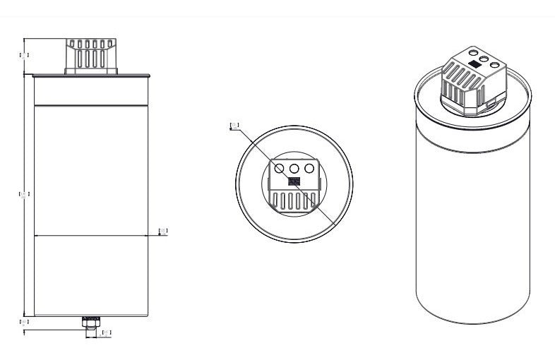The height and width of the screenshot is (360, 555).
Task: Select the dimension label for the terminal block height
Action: coord(23,54)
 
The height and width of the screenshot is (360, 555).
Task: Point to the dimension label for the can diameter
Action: coord(162,231)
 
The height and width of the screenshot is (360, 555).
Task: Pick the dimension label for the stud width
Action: coord(107,332)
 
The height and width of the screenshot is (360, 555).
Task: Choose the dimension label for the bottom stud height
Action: coord(23,321)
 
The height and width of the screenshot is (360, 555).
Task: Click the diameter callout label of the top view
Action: coord(235,126)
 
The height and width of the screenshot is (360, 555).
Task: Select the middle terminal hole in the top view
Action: coord(294,169)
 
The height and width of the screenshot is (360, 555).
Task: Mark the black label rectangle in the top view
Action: coord(294,181)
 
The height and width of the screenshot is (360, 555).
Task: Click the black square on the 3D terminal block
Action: coord(475,63)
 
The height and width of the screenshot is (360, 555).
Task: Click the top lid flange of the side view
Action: coord(90,75)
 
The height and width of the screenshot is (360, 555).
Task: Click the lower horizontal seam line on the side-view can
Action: coord(90,235)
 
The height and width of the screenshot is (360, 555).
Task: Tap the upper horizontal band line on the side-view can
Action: coord(90,105)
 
